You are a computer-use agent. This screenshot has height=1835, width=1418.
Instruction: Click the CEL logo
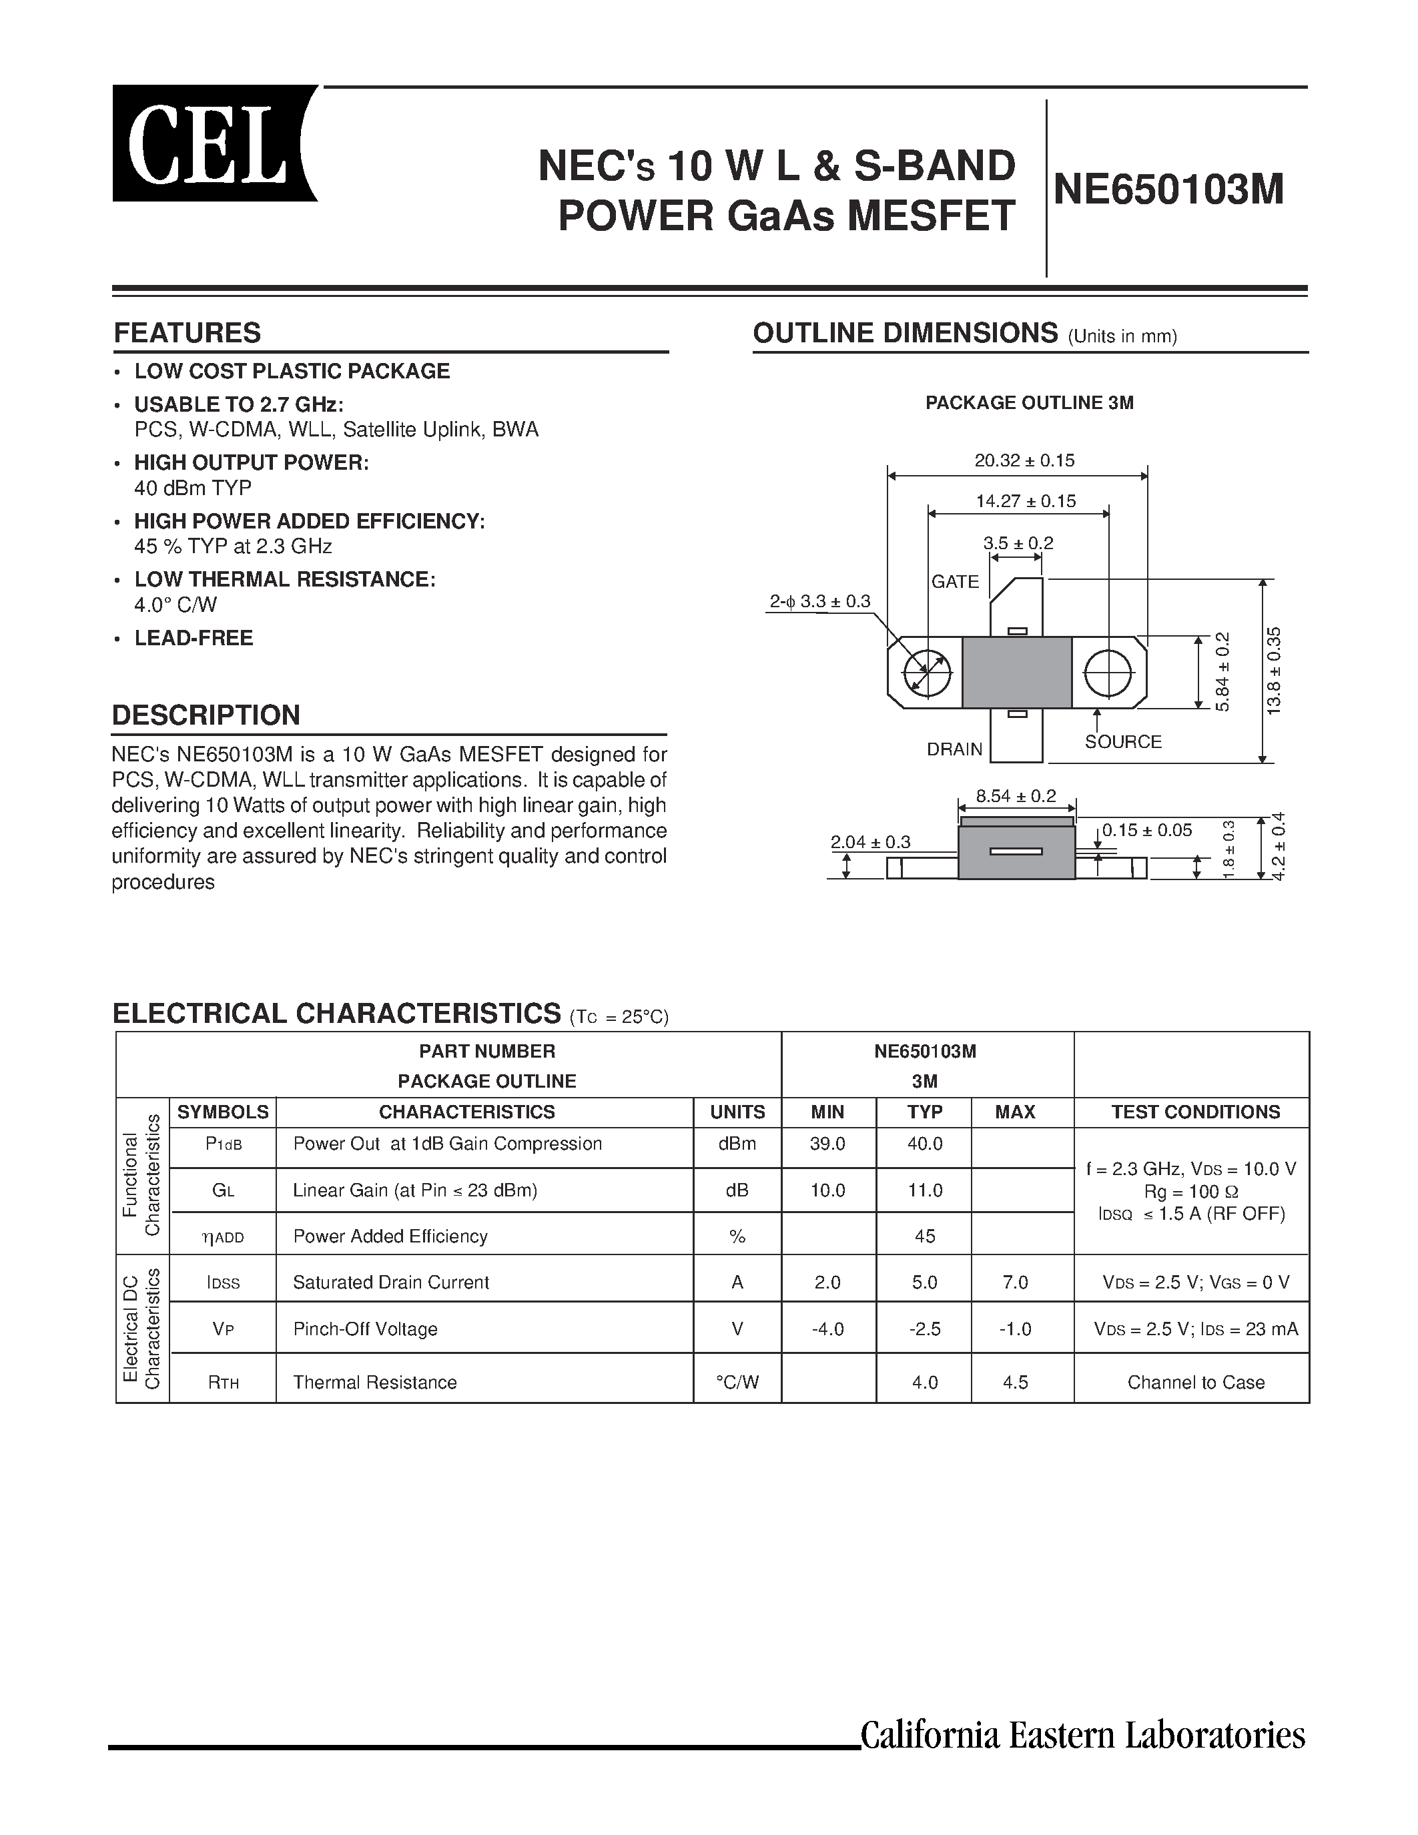(214, 143)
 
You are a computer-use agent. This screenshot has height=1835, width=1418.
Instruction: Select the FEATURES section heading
(188, 333)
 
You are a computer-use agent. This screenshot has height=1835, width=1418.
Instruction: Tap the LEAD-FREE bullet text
(194, 638)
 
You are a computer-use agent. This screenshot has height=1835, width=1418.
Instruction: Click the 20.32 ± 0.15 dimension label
(1024, 460)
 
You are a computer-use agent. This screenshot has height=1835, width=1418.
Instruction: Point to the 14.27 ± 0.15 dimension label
(1026, 502)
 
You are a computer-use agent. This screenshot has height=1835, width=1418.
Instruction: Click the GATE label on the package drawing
(955, 581)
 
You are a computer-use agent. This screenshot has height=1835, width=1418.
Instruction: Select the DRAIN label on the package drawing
(954, 749)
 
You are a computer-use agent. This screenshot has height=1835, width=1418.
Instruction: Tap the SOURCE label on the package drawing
(1123, 742)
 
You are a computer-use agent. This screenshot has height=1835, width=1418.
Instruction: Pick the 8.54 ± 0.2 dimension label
(1016, 795)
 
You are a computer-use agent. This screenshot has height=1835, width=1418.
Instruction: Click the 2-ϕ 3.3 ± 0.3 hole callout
(820, 602)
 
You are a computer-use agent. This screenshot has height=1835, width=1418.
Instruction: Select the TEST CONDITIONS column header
(1195, 1112)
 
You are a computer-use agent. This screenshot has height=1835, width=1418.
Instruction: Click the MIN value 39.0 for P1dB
(827, 1144)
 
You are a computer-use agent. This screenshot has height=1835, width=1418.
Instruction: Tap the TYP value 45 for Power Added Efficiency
(925, 1236)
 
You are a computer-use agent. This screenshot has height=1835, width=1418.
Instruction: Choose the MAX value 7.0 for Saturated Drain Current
(1016, 1282)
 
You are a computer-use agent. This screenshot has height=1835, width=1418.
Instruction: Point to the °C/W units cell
(737, 1382)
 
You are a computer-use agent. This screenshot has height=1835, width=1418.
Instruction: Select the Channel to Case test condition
(1195, 1382)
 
